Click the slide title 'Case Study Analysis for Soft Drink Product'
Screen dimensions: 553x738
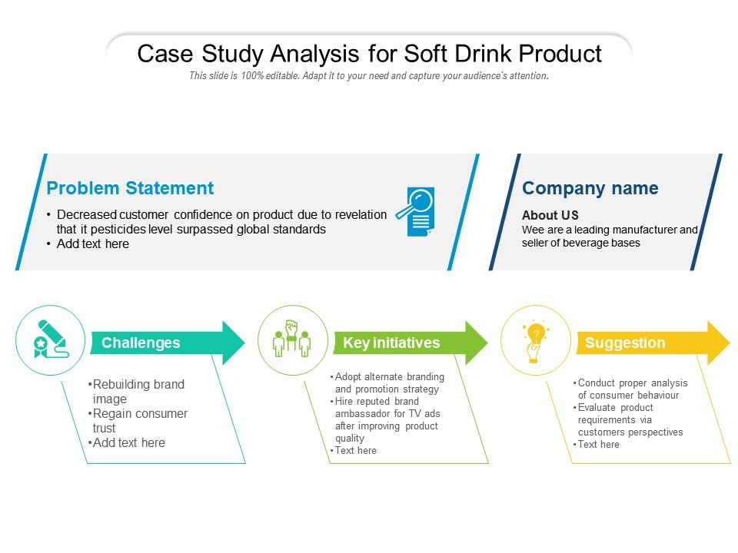click(x=369, y=54)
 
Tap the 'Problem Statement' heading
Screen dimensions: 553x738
click(x=130, y=188)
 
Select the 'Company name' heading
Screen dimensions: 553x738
click(x=590, y=188)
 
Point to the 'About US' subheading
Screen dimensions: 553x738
click(x=550, y=215)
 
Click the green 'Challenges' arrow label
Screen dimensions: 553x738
click(x=141, y=343)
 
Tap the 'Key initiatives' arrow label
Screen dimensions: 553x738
click(x=391, y=343)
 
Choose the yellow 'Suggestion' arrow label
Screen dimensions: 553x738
click(x=625, y=343)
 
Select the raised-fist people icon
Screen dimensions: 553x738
click(x=291, y=340)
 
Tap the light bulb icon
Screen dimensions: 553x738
click(x=534, y=340)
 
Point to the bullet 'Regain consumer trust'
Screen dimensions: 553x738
click(x=140, y=421)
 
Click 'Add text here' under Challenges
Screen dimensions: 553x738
click(x=128, y=442)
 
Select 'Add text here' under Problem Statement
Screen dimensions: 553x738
click(x=92, y=243)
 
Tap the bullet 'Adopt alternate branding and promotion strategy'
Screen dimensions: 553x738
click(x=389, y=382)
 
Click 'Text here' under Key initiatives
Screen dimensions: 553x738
click(x=355, y=451)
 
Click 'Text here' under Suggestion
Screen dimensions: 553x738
click(x=597, y=445)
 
